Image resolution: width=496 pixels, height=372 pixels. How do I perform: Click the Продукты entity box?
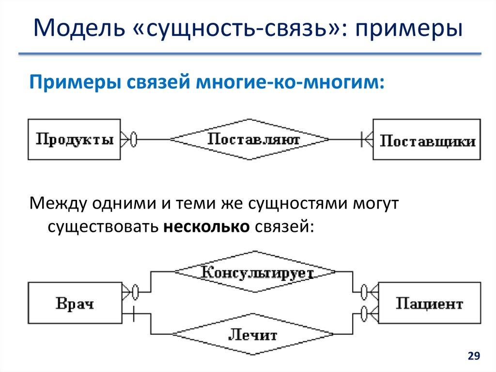click(x=75, y=140)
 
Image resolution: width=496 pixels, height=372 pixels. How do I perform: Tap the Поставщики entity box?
click(x=427, y=140)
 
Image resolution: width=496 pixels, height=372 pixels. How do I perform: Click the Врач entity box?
click(x=75, y=304)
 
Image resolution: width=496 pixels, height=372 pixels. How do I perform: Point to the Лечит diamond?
click(x=252, y=335)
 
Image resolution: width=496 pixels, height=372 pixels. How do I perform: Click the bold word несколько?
click(x=205, y=226)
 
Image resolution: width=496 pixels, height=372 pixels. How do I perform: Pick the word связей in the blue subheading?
click(x=157, y=81)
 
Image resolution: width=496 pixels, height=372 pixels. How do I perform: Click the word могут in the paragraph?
click(x=373, y=204)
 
